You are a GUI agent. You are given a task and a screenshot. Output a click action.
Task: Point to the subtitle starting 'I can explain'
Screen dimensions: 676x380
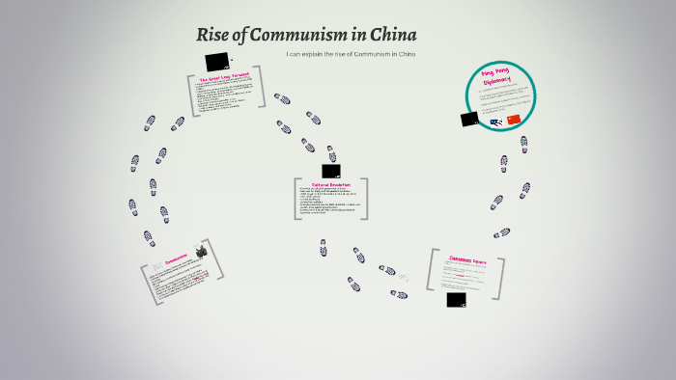[351, 54]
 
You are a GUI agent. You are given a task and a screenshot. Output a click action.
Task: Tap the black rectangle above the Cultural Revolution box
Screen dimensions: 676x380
[331, 171]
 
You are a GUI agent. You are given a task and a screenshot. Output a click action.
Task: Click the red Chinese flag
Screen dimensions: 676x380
[514, 120]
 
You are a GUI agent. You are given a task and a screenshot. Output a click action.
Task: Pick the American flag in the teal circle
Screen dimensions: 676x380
[495, 122]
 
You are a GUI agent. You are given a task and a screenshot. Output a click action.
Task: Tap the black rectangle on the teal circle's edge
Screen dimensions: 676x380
[469, 119]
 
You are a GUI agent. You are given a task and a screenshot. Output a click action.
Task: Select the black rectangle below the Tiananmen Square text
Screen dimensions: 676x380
[457, 299]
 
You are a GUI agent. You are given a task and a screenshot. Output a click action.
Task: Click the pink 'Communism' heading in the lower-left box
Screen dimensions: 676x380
[176, 259]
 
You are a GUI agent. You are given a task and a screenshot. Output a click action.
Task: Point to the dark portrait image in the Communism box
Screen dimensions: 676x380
[202, 252]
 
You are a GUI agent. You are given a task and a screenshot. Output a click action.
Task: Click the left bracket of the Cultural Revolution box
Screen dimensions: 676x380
[297, 200]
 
